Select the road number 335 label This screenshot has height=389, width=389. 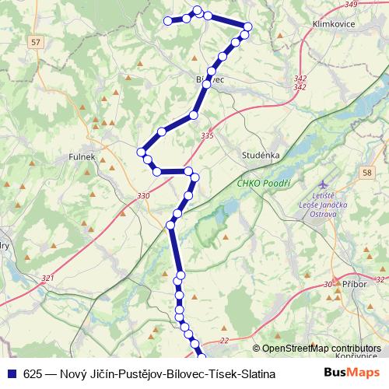(206, 136)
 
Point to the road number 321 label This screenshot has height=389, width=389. (48, 279)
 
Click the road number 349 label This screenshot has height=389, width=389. (350, 5)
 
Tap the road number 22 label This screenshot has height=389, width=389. (224, 340)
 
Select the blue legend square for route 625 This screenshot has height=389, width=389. (12, 374)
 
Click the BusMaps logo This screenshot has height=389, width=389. (352, 373)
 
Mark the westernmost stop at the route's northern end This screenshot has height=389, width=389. (167, 21)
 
